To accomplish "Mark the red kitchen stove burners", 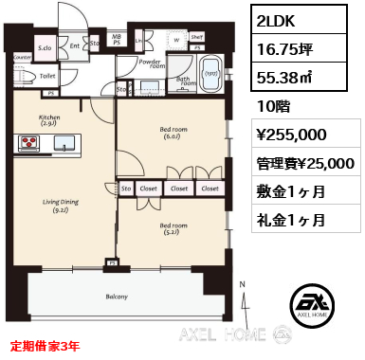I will [29, 144].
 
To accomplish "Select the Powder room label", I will [151, 64].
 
